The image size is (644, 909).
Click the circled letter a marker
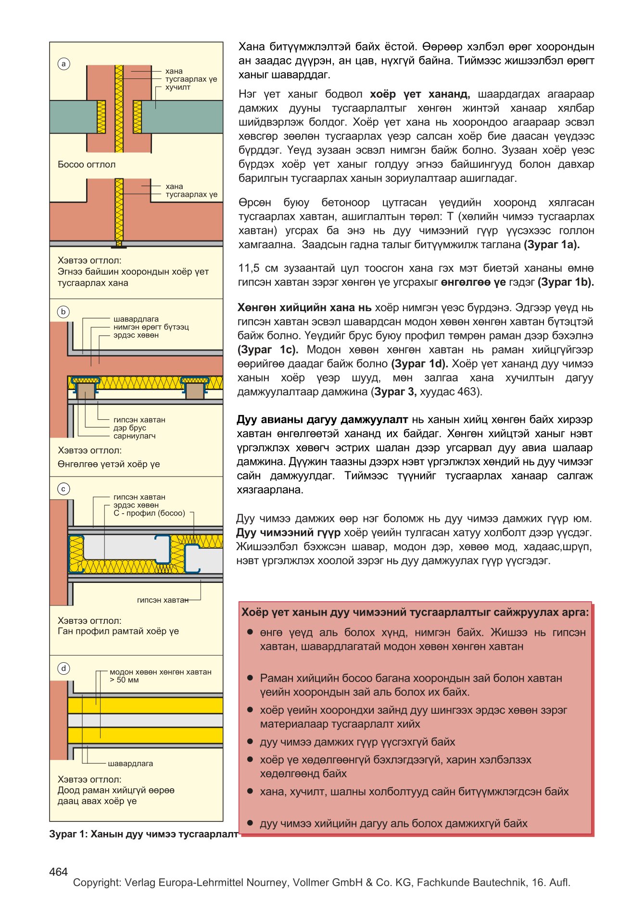tap(63, 64)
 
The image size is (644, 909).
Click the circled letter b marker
tap(63, 312)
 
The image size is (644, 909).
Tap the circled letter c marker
tap(63, 489)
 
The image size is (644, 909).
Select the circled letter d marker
tap(63, 669)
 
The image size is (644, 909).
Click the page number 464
tap(58, 872)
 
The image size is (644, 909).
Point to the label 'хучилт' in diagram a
tap(177, 87)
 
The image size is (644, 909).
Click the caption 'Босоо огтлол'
tap(87, 164)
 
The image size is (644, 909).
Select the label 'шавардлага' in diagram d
tap(130, 763)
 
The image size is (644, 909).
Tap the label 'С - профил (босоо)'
tap(149, 513)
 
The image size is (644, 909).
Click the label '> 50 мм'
tap(124, 680)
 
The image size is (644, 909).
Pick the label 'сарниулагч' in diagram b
tap(135, 436)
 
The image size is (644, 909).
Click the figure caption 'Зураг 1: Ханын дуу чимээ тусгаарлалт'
tap(143, 834)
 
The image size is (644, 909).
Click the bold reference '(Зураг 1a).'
tap(552, 245)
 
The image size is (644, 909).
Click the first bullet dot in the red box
tap(250, 632)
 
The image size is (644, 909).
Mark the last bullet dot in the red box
tap(250, 823)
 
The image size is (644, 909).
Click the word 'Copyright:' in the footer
tap(97, 883)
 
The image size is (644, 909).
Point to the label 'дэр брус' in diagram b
tap(130, 428)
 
